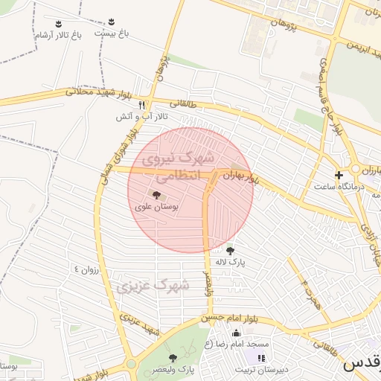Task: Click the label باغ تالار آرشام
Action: (x=57, y=34)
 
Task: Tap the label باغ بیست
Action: (x=112, y=34)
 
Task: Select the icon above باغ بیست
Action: (x=112, y=21)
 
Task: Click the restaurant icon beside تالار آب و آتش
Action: (x=142, y=105)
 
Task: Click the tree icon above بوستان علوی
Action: (x=155, y=194)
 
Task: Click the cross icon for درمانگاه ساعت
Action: (x=339, y=176)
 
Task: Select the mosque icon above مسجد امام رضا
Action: (x=237, y=333)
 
